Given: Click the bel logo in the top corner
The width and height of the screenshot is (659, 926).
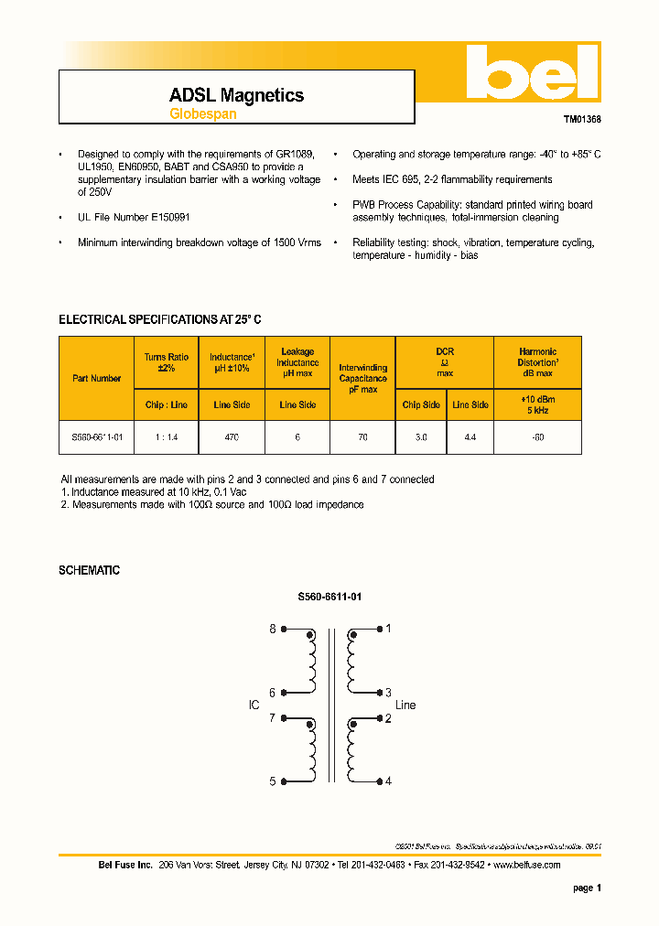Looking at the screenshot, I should coord(530,73).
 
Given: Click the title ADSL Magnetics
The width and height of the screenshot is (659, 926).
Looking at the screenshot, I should coord(236,95).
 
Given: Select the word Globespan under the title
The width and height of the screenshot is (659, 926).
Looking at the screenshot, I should coord(203,114).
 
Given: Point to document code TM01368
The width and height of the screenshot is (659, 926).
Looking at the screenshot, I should coord(582,120).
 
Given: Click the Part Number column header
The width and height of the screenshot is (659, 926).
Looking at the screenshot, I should coord(96,378).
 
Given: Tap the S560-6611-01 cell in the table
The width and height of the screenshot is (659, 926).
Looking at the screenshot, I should coord(96,437).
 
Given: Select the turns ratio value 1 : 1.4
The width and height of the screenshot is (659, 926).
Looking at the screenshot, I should coord(166,437).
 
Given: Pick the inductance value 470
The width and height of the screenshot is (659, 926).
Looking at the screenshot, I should coord(231,437).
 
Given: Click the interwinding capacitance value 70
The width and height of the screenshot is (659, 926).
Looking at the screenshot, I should coord(362,437).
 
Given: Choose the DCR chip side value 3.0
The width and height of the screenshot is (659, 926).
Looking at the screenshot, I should coord(420,437).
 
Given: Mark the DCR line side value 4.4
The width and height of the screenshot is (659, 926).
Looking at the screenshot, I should coord(470,437).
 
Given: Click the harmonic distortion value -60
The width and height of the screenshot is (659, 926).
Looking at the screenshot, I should coord(537,437).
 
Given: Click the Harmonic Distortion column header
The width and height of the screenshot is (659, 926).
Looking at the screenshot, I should coord(537,361).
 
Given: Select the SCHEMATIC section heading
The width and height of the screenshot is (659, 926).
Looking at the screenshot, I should coord(89,570).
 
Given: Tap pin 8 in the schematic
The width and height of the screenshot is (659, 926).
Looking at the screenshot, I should coord(272,629).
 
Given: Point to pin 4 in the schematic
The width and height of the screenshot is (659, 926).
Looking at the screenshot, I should coord(388,781).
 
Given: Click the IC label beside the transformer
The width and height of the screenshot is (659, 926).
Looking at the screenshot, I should coord(254,705).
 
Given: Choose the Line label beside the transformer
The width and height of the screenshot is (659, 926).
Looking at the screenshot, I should coord(405,705).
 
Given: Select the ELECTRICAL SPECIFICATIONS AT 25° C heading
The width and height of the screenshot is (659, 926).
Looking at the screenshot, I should coord(160,319).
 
